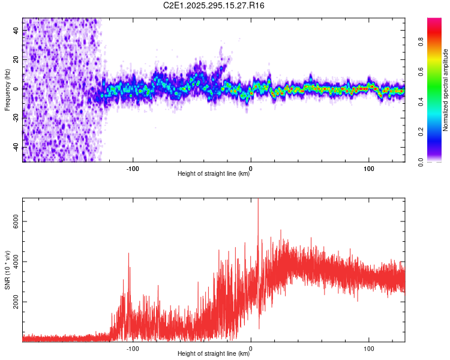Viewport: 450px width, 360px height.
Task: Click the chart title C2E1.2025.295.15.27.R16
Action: pos(214,5)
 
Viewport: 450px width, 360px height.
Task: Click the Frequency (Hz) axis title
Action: pos(7,89)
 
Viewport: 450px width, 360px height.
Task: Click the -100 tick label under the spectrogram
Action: pos(133,167)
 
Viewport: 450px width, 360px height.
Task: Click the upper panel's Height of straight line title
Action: pos(214,174)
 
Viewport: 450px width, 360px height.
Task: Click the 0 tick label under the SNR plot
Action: pos(251,347)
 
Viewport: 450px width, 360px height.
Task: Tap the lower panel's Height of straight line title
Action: pos(214,354)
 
